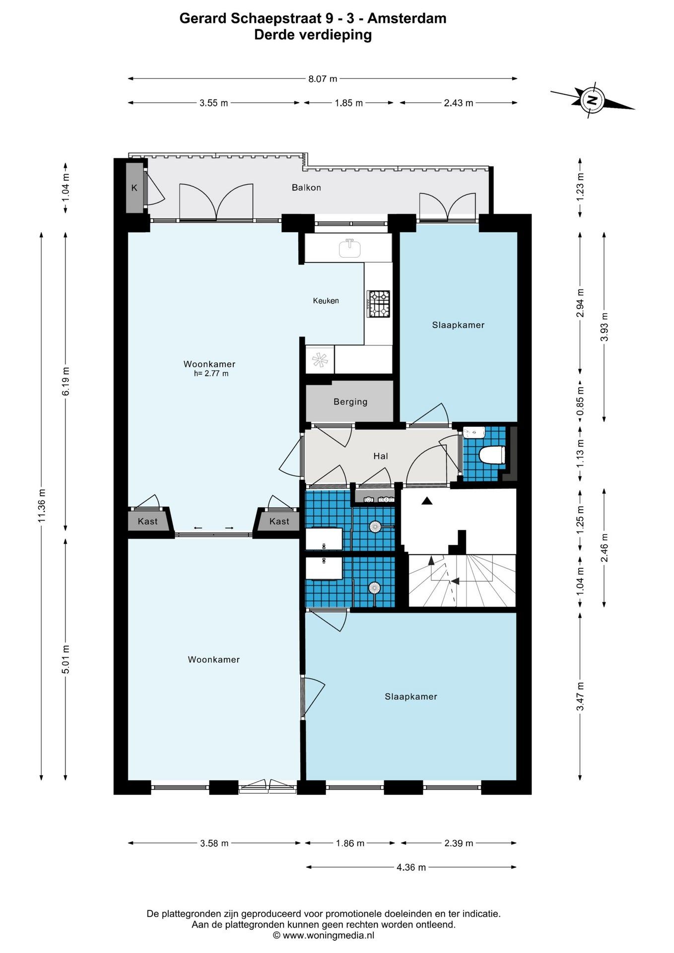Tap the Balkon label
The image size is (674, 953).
coord(306,188)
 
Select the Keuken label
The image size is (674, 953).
coord(326,301)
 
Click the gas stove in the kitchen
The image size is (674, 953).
coord(379,304)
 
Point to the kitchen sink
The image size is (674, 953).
coord(350,248)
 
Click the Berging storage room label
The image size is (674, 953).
coord(350,402)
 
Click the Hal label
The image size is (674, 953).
coord(381,456)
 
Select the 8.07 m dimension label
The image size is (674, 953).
coord(323,78)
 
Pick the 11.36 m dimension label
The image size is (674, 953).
coord(42,505)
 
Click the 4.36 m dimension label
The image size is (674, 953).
coord(411,867)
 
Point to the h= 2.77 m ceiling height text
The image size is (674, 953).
coord(211,374)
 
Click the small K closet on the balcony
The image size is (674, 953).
coord(135,188)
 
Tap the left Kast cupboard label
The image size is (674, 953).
coord(147,521)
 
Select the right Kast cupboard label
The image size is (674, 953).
coord(279,521)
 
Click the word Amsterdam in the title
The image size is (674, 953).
coord(407,18)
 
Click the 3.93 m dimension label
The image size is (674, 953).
coord(605,327)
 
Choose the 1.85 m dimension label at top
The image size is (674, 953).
coord(348,103)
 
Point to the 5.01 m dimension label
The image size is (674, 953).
coord(66,659)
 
